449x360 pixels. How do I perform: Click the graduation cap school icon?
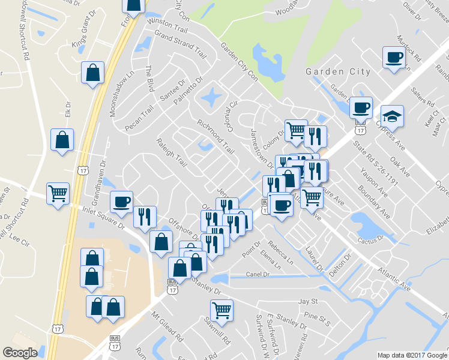pyautogui.click(x=393, y=115)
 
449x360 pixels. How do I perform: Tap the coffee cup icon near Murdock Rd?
pyautogui.click(x=394, y=58)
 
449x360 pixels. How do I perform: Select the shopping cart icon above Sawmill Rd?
pyautogui.click(x=221, y=310)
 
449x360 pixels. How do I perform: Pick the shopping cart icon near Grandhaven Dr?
pyautogui.click(x=58, y=193)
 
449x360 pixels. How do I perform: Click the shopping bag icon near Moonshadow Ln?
pyautogui.click(x=93, y=73)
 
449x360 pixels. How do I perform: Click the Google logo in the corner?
pyautogui.click(x=20, y=353)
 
